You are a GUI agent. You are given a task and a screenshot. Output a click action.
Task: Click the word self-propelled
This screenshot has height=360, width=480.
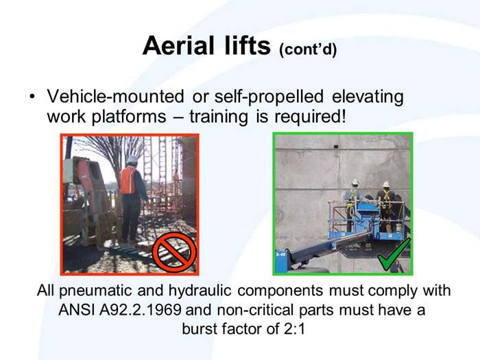click(265, 97)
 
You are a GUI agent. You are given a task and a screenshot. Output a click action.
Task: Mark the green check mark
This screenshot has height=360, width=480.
click(394, 253)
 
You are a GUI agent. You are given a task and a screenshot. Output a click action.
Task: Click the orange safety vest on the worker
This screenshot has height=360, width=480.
click(128, 180)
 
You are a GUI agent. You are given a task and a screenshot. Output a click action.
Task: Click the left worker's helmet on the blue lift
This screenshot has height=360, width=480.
click(355, 183)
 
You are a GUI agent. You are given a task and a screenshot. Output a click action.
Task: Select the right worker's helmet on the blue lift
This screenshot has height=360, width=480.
click(386, 184)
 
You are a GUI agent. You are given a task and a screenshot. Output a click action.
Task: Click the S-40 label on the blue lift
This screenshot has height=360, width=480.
click(280, 254)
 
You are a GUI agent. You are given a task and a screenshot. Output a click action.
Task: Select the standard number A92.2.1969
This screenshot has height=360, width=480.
click(145, 309)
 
